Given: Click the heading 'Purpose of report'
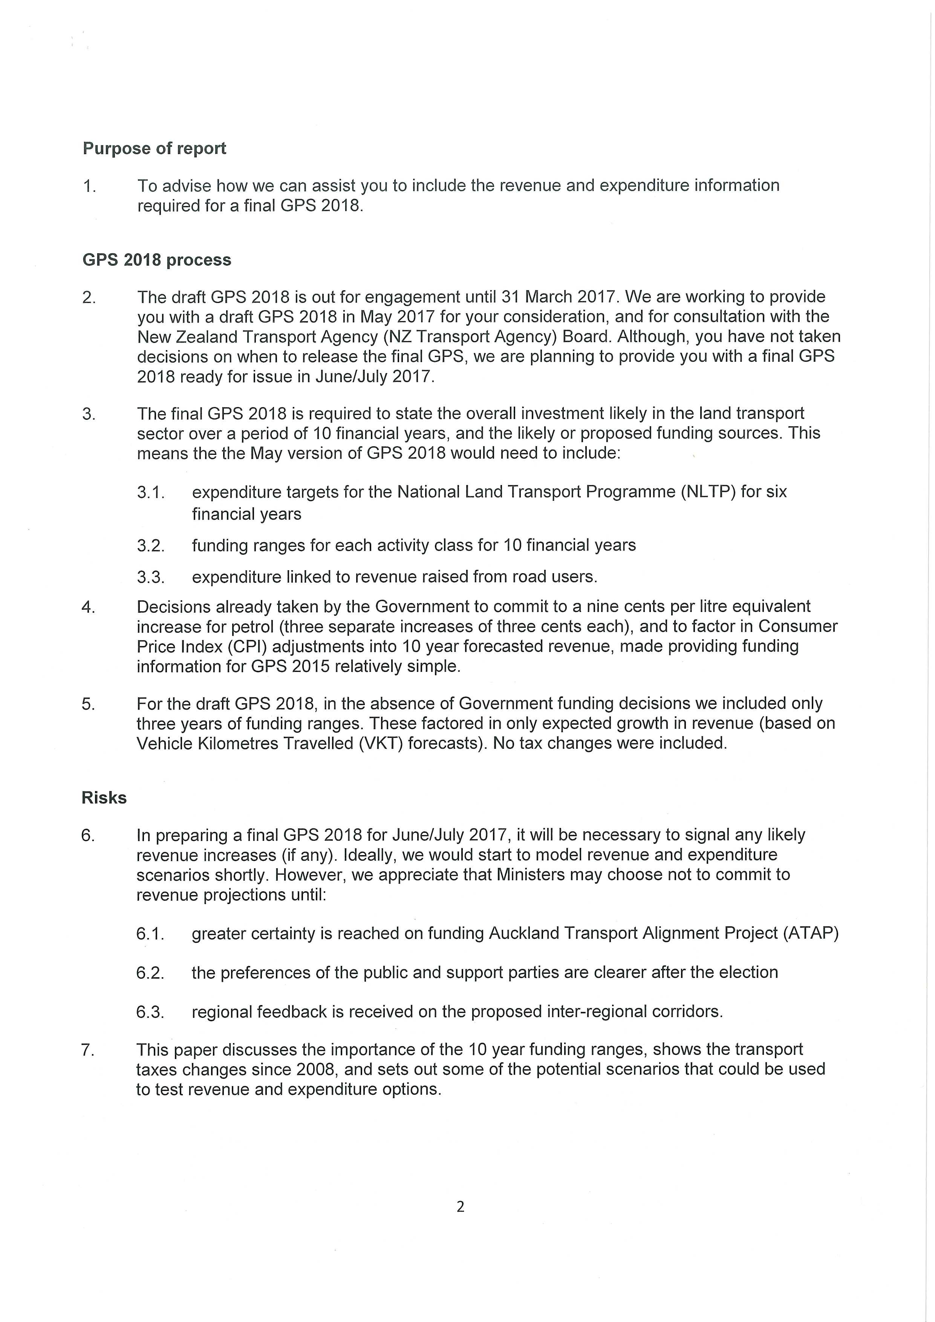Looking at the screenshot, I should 154,148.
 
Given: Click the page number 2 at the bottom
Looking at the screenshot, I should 460,1206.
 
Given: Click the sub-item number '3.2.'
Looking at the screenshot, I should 151,545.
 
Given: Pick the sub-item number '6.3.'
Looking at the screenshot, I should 150,1011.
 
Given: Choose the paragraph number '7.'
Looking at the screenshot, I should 87,1050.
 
